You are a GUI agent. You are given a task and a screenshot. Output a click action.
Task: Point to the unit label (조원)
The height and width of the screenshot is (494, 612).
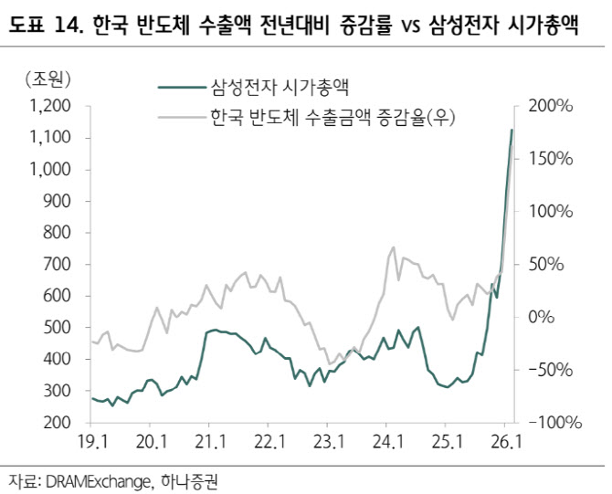[x=47, y=79]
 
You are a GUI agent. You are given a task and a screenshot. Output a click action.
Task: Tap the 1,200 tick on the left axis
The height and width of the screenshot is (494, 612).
[x=50, y=106]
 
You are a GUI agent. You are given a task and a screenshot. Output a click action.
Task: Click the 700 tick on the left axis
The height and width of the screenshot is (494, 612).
[x=57, y=264]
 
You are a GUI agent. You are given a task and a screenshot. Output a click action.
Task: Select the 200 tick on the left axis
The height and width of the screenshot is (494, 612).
[x=57, y=422]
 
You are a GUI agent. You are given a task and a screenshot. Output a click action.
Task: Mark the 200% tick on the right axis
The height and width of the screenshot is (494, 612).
[x=551, y=106]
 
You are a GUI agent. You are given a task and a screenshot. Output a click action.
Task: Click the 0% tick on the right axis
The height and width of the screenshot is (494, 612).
[x=542, y=317]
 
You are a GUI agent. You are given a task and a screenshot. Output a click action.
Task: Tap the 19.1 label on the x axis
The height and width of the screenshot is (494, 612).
[x=92, y=442]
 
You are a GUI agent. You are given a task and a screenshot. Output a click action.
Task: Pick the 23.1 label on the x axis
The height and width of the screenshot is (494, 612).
[x=329, y=442]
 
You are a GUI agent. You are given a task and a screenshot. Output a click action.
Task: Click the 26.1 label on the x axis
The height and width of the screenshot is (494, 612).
[x=506, y=442]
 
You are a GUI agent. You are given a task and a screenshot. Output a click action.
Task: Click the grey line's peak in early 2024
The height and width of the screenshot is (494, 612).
[x=393, y=247]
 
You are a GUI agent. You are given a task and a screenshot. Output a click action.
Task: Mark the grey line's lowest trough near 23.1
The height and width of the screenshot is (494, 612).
[x=330, y=363]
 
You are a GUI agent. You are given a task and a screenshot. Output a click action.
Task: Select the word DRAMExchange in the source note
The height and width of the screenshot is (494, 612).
[x=98, y=482]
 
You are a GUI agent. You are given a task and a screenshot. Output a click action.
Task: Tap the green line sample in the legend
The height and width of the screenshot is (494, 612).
[x=182, y=88]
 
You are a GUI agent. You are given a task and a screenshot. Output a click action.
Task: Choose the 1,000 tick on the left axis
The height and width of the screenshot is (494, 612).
[x=50, y=169]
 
